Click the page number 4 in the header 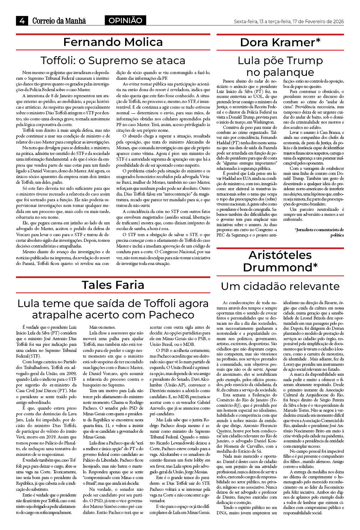tap(22, 21)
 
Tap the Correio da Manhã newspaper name tap(59, 21)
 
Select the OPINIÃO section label tap(125, 21)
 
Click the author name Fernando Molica tap(113, 42)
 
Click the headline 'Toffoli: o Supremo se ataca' tap(113, 60)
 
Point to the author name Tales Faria tap(113, 285)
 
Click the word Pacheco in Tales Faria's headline tap(172, 315)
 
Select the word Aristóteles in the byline tap(280, 255)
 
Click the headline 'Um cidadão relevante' tap(280, 286)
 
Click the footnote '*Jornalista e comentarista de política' tap(319, 232)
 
